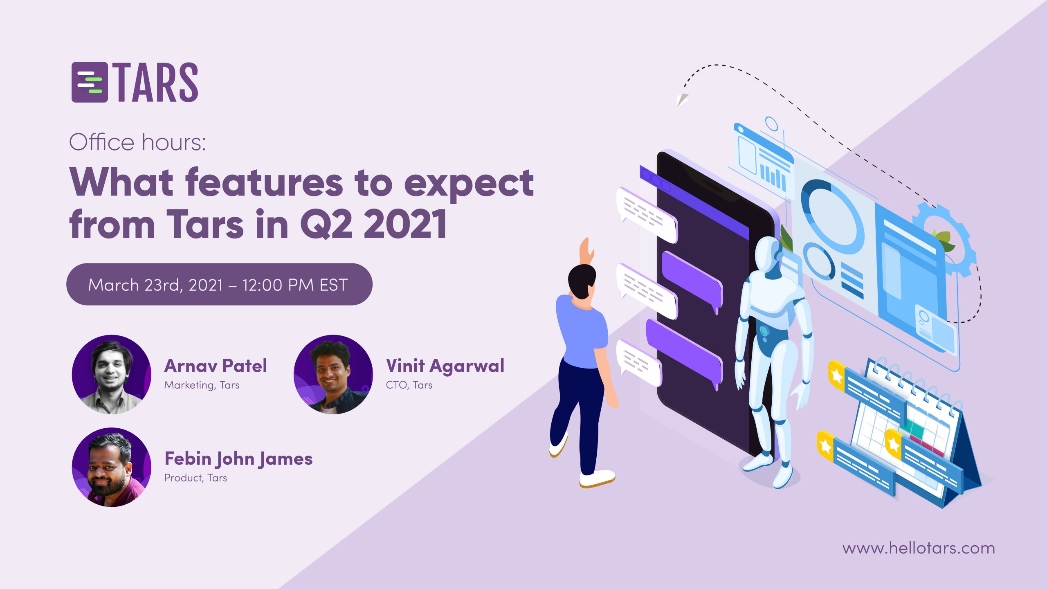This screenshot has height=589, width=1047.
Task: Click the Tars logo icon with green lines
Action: [x=90, y=82]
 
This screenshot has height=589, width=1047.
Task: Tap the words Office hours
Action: [x=137, y=143]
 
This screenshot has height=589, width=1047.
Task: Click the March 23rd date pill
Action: [x=219, y=284]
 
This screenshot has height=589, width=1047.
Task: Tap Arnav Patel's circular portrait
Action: [x=112, y=374]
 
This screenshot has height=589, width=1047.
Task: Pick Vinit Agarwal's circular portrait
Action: [x=333, y=374]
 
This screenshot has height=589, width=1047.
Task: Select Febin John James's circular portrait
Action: [x=112, y=467]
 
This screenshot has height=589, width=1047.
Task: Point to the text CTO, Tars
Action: [x=409, y=385]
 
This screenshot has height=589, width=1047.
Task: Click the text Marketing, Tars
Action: [x=202, y=385]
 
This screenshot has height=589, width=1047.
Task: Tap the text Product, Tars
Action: [x=195, y=478]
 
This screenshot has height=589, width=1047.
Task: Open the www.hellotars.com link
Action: [x=919, y=548]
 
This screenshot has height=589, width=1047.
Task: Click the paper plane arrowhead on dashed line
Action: [x=681, y=100]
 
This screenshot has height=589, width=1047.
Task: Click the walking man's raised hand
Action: [x=586, y=250]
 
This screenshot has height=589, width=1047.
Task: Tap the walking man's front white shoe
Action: [x=597, y=478]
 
